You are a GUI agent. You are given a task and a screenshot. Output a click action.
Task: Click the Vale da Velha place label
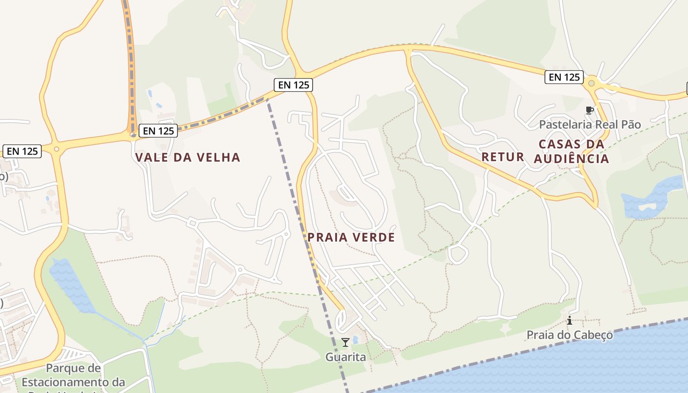(x=188, y=158)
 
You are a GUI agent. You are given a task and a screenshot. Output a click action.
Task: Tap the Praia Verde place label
(x=351, y=237)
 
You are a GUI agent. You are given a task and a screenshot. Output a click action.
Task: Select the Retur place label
(x=503, y=157)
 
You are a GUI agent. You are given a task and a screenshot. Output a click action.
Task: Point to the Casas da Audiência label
(x=572, y=151)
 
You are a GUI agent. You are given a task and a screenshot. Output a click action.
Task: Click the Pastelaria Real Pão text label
(x=590, y=125)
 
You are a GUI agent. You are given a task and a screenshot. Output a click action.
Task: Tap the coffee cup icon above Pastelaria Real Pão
(x=589, y=110)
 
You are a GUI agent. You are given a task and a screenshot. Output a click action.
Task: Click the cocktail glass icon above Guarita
(x=345, y=342)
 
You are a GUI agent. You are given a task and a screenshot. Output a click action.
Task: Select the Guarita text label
(x=345, y=357)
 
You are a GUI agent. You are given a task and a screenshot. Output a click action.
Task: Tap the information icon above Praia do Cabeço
(x=570, y=321)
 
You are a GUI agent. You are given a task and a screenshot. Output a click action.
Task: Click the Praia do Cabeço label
(x=570, y=335)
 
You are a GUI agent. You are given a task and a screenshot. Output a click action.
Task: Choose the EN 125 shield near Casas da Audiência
(x=564, y=77)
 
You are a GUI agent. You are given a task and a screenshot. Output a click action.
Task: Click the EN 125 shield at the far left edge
(x=22, y=151)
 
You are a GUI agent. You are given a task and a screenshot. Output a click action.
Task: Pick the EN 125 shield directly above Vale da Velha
(x=158, y=131)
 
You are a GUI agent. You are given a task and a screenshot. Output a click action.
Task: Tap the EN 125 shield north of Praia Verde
(x=293, y=85)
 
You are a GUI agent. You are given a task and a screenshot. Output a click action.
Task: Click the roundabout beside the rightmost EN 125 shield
(x=592, y=84)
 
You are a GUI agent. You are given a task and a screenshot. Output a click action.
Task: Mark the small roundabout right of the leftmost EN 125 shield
(x=57, y=149)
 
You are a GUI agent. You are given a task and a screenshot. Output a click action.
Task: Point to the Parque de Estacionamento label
(x=73, y=375)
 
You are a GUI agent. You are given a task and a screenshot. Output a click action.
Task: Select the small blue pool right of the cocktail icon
(x=355, y=339)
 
